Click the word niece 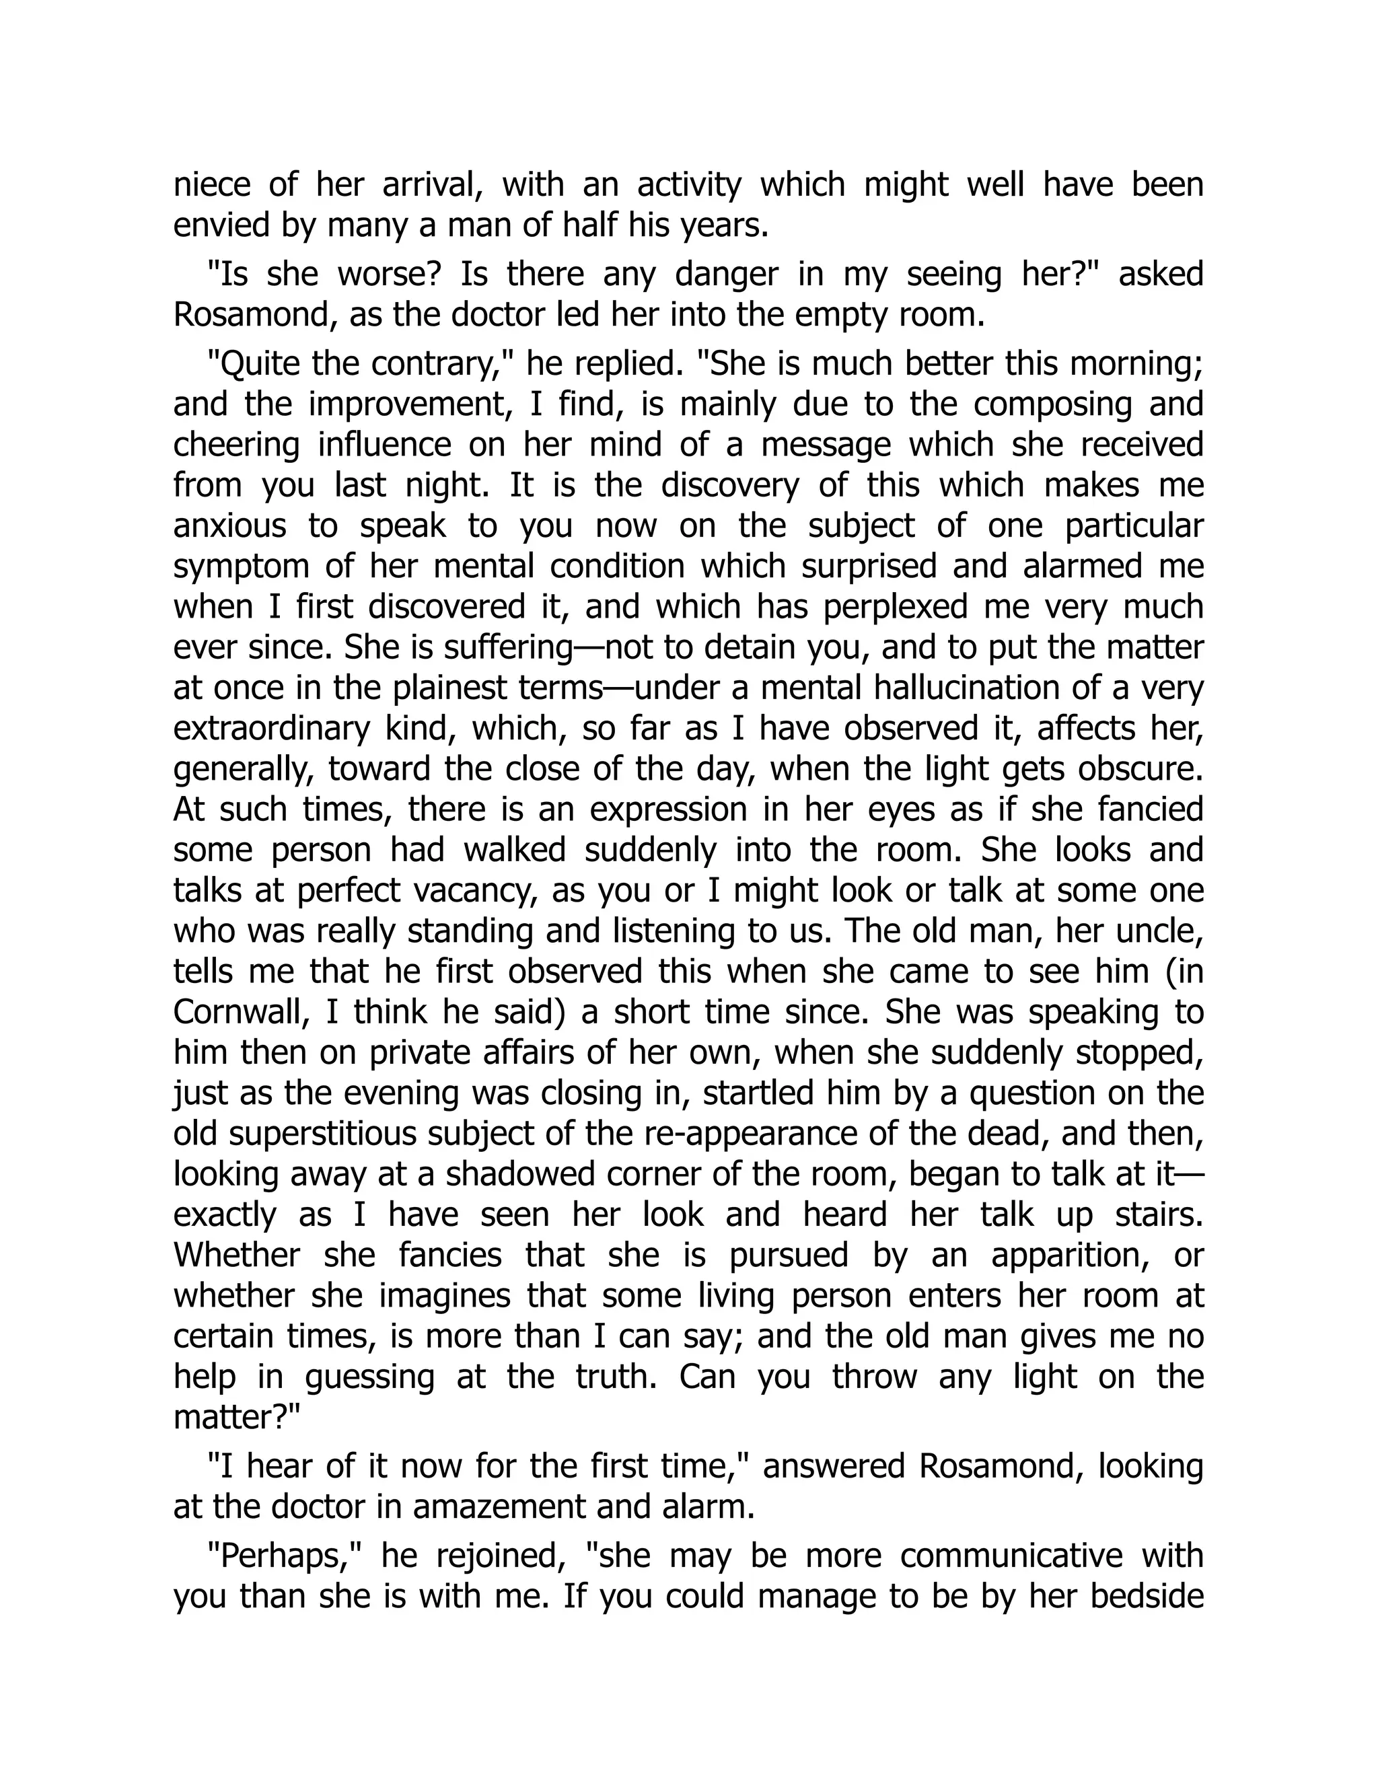[208, 185]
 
